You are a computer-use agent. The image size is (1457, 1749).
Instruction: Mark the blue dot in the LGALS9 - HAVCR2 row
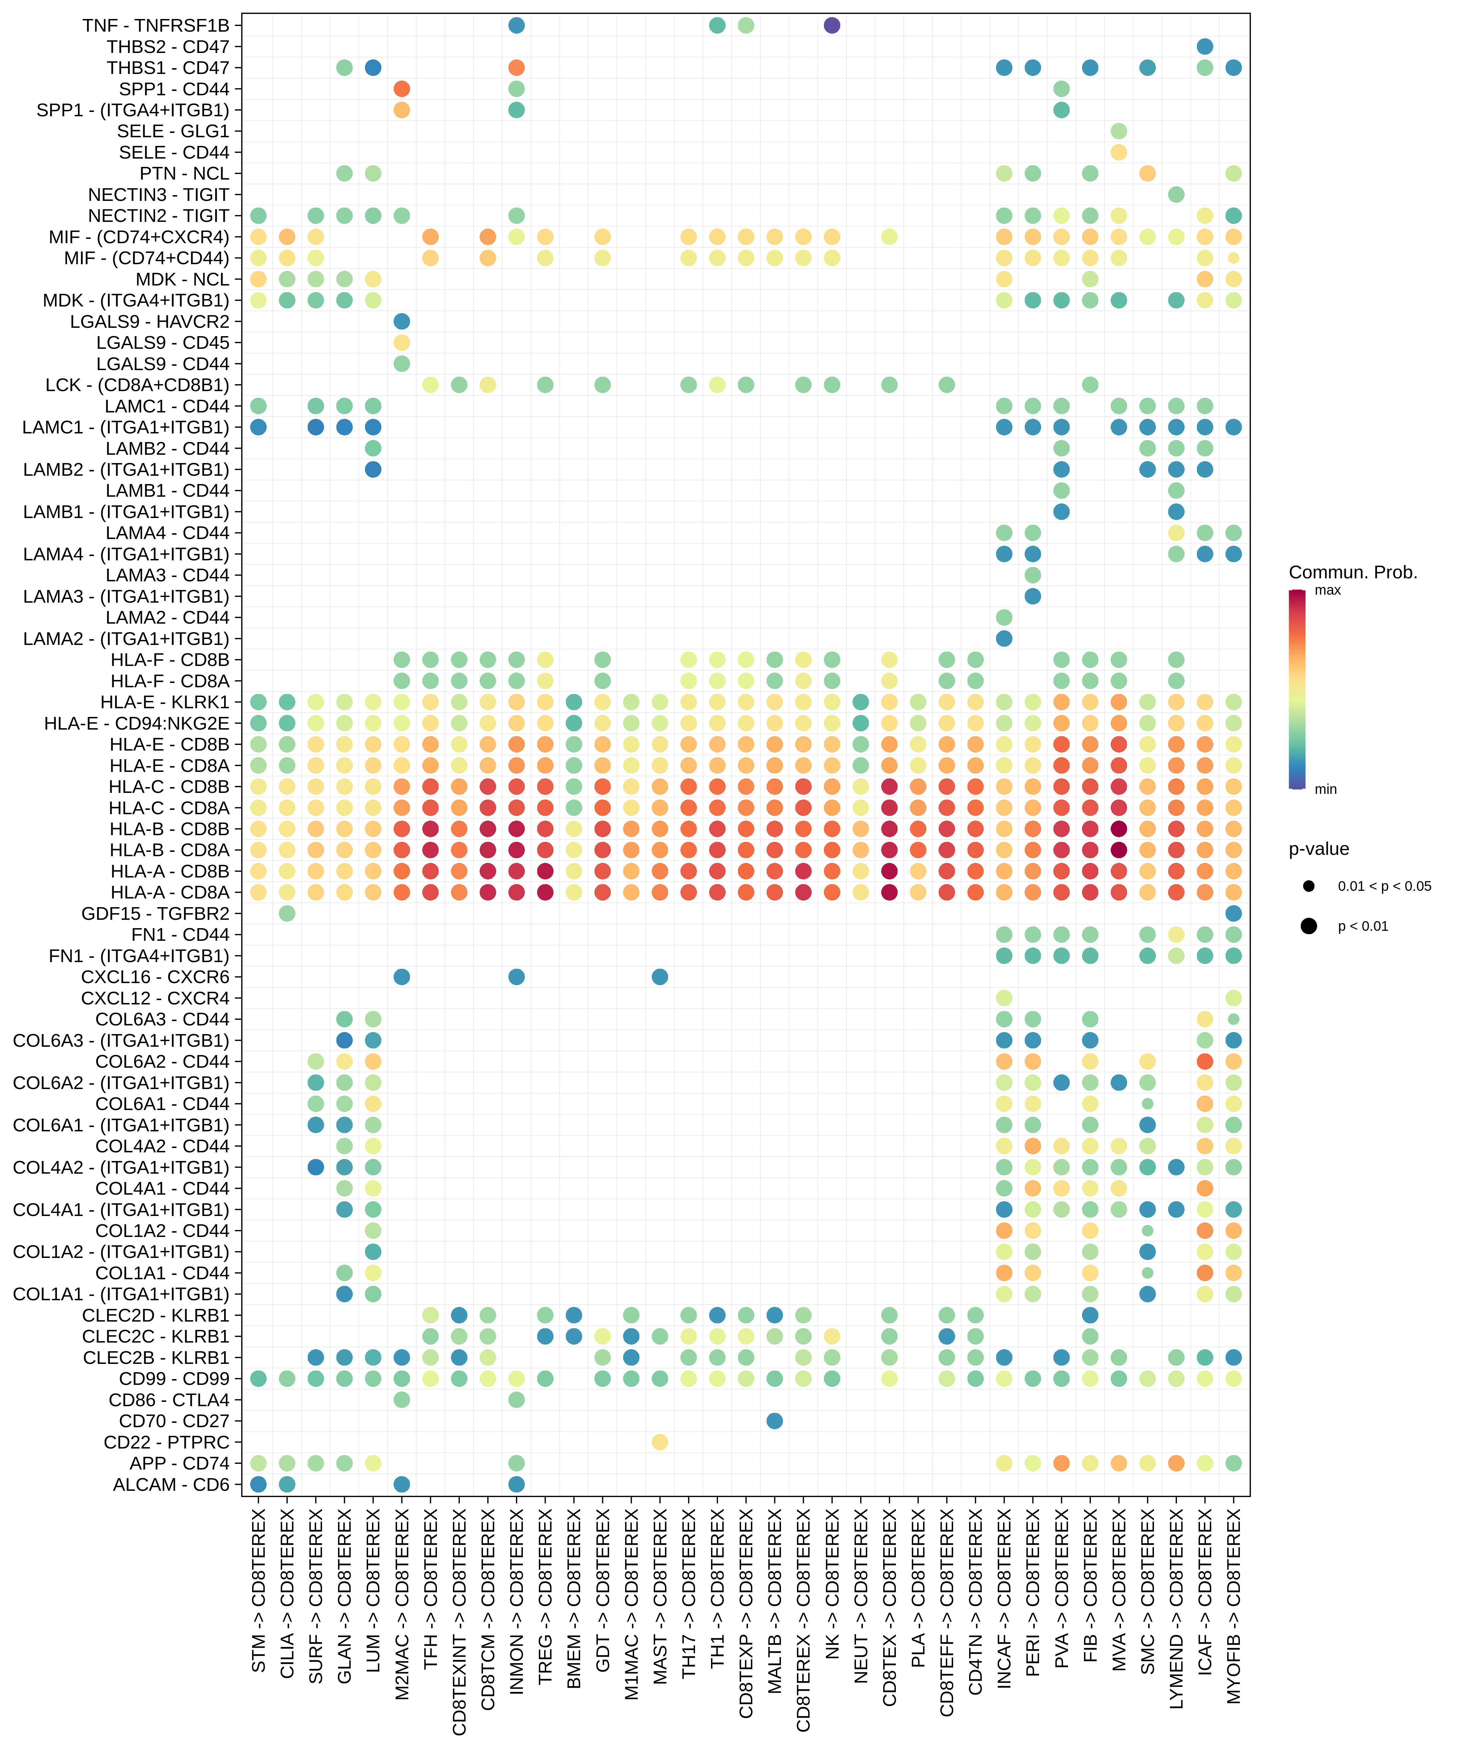pyautogui.click(x=401, y=321)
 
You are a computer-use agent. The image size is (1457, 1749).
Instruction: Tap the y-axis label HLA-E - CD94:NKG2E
pyautogui.click(x=137, y=723)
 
